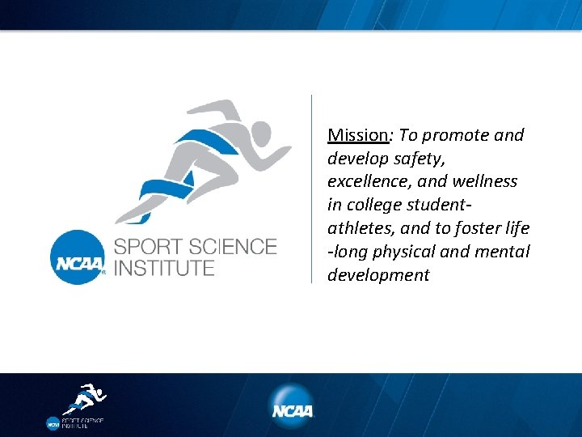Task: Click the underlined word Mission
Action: click(357, 135)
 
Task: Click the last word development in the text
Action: click(378, 275)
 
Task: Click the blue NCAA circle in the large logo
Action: click(78, 257)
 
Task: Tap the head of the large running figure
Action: click(260, 133)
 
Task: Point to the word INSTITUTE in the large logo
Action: click(164, 268)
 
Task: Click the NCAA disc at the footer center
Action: click(291, 406)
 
